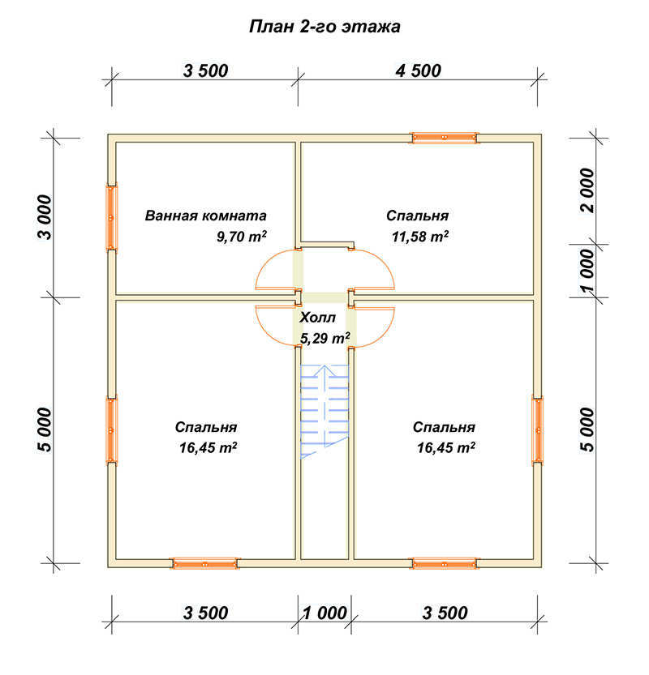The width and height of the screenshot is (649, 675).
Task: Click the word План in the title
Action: coord(270,27)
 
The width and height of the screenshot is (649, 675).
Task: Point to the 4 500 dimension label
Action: coord(418,71)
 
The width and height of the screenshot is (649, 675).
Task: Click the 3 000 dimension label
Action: coord(45,217)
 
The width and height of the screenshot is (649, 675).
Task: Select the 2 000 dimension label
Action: coord(587,190)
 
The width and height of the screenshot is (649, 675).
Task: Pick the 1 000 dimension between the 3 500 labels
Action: coord(324,613)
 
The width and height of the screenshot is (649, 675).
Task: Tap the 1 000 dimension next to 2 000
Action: coord(587,271)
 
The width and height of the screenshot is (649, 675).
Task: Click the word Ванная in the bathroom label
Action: coord(171,216)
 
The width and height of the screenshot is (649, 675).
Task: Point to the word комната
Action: coord(234,216)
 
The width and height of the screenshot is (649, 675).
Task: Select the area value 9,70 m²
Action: coord(241,237)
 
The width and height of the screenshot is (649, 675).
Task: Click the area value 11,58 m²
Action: coord(419,237)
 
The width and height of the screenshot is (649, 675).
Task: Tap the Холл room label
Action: coord(317,318)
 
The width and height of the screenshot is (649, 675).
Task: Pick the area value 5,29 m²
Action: coord(325,339)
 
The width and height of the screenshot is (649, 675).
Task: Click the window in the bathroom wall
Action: coord(112,217)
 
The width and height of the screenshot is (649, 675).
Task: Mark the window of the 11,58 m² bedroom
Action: coord(445,137)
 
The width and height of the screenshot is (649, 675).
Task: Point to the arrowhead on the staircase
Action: coord(324,370)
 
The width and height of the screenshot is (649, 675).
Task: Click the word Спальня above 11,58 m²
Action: coord(417,216)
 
